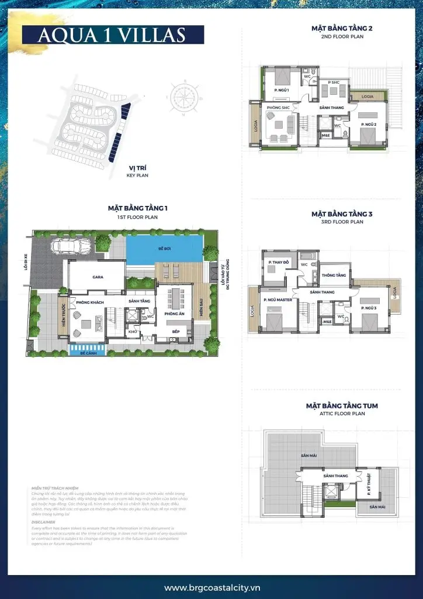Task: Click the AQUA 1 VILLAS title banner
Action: coord(112,35)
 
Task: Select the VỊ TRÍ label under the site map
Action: coord(137,168)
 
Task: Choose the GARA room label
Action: coord(98,278)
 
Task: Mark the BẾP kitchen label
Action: coord(175,332)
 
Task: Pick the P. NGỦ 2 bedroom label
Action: coord(367,125)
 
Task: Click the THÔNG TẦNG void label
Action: coord(334,275)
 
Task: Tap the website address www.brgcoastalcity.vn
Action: coord(211,587)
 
